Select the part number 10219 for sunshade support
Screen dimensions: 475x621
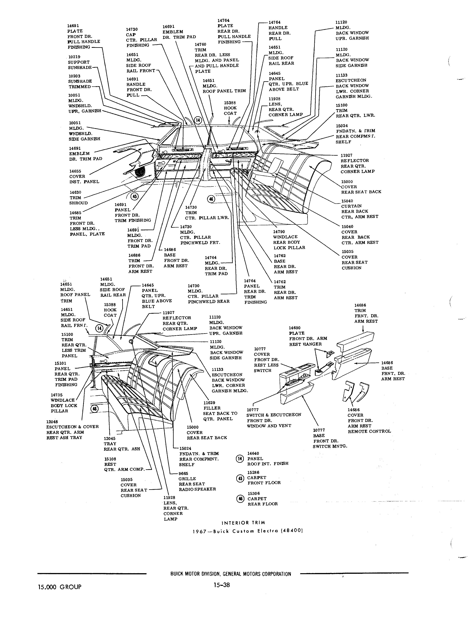click(x=74, y=57)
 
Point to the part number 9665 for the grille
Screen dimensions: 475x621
click(x=183, y=473)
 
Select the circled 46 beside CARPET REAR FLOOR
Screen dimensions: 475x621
click(x=240, y=498)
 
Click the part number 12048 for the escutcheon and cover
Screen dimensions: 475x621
click(x=52, y=422)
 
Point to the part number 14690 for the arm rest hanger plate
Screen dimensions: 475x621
click(x=295, y=328)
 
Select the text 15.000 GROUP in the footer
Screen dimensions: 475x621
click(x=60, y=587)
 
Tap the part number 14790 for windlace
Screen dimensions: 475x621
click(x=279, y=232)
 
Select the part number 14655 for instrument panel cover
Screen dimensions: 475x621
click(x=75, y=171)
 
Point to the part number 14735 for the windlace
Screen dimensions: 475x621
click(x=57, y=395)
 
